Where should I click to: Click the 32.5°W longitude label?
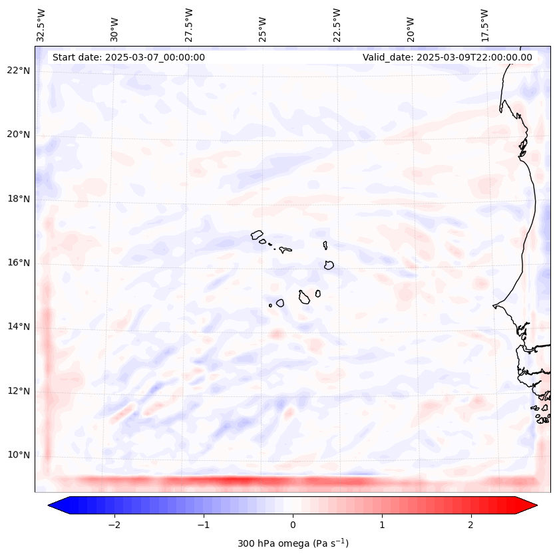pos(41,25)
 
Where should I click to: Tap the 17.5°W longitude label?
pos(484,25)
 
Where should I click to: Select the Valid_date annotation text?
pos(447,57)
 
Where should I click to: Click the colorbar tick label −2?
pos(114,525)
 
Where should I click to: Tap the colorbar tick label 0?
pos(293,525)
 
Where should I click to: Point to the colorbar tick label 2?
pos(471,525)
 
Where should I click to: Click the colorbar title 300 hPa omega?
pos(293,543)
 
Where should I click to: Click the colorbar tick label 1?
pos(382,525)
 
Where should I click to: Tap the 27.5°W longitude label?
pos(189,25)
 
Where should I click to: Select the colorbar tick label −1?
pos(203,525)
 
